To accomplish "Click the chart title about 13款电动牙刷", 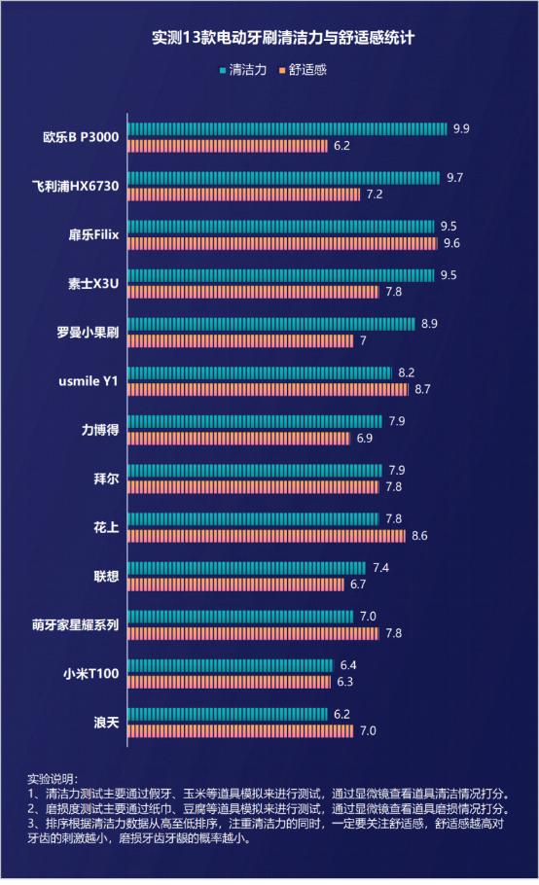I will (x=269, y=40).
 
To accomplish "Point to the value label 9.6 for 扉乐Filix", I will (x=451, y=243).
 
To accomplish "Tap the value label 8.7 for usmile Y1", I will (x=422, y=389).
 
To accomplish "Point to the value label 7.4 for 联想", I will (x=380, y=567).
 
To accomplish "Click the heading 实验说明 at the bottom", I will (x=51, y=779).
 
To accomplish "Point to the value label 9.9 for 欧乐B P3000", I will (x=461, y=128).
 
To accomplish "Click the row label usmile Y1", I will (x=87, y=381).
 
